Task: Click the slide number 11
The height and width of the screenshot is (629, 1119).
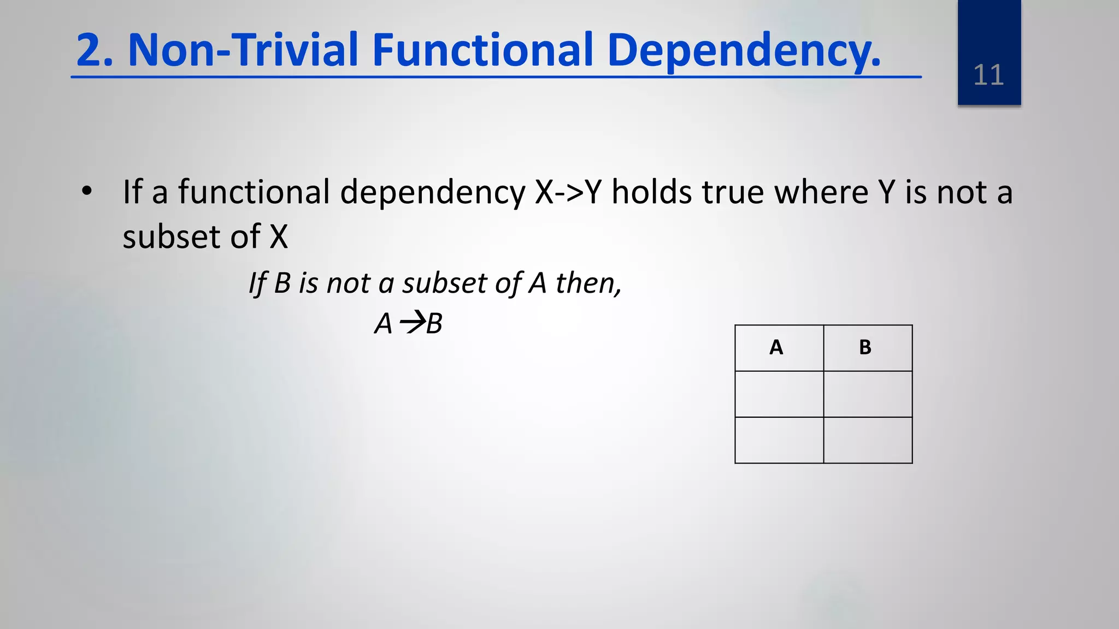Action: click(988, 75)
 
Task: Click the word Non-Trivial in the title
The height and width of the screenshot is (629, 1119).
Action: click(243, 50)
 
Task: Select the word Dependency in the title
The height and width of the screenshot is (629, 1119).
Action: click(743, 50)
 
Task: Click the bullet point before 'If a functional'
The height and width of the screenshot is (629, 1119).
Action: click(86, 192)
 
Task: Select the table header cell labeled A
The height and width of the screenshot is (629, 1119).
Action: click(779, 348)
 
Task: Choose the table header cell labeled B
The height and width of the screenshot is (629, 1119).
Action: click(867, 348)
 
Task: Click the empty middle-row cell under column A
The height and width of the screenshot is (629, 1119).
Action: click(779, 394)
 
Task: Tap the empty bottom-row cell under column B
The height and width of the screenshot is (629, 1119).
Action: click(867, 440)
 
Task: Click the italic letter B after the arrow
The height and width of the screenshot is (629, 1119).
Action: click(434, 323)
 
